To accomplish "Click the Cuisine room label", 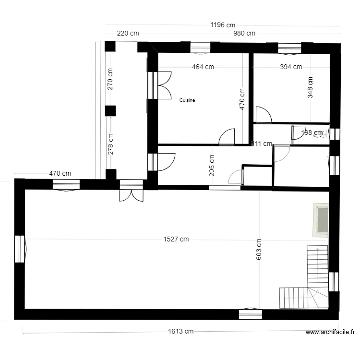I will coord(187,100).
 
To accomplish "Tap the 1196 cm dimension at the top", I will coord(223,25).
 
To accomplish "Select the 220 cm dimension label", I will coord(128,34).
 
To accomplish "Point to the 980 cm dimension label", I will coord(244,34).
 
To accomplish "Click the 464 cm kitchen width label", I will coord(203,67).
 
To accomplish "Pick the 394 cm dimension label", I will coord(291,67).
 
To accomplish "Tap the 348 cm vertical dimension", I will coord(310,88).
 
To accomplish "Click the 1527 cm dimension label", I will coord(176,240).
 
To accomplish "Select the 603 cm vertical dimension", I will coord(259,250).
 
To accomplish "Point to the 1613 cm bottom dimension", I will coord(180,331).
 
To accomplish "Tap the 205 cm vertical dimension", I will coord(212,165).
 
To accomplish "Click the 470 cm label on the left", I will coord(60,174).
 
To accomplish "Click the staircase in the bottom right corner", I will coord(307,283).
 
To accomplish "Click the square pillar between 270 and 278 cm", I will coord(110,111).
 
